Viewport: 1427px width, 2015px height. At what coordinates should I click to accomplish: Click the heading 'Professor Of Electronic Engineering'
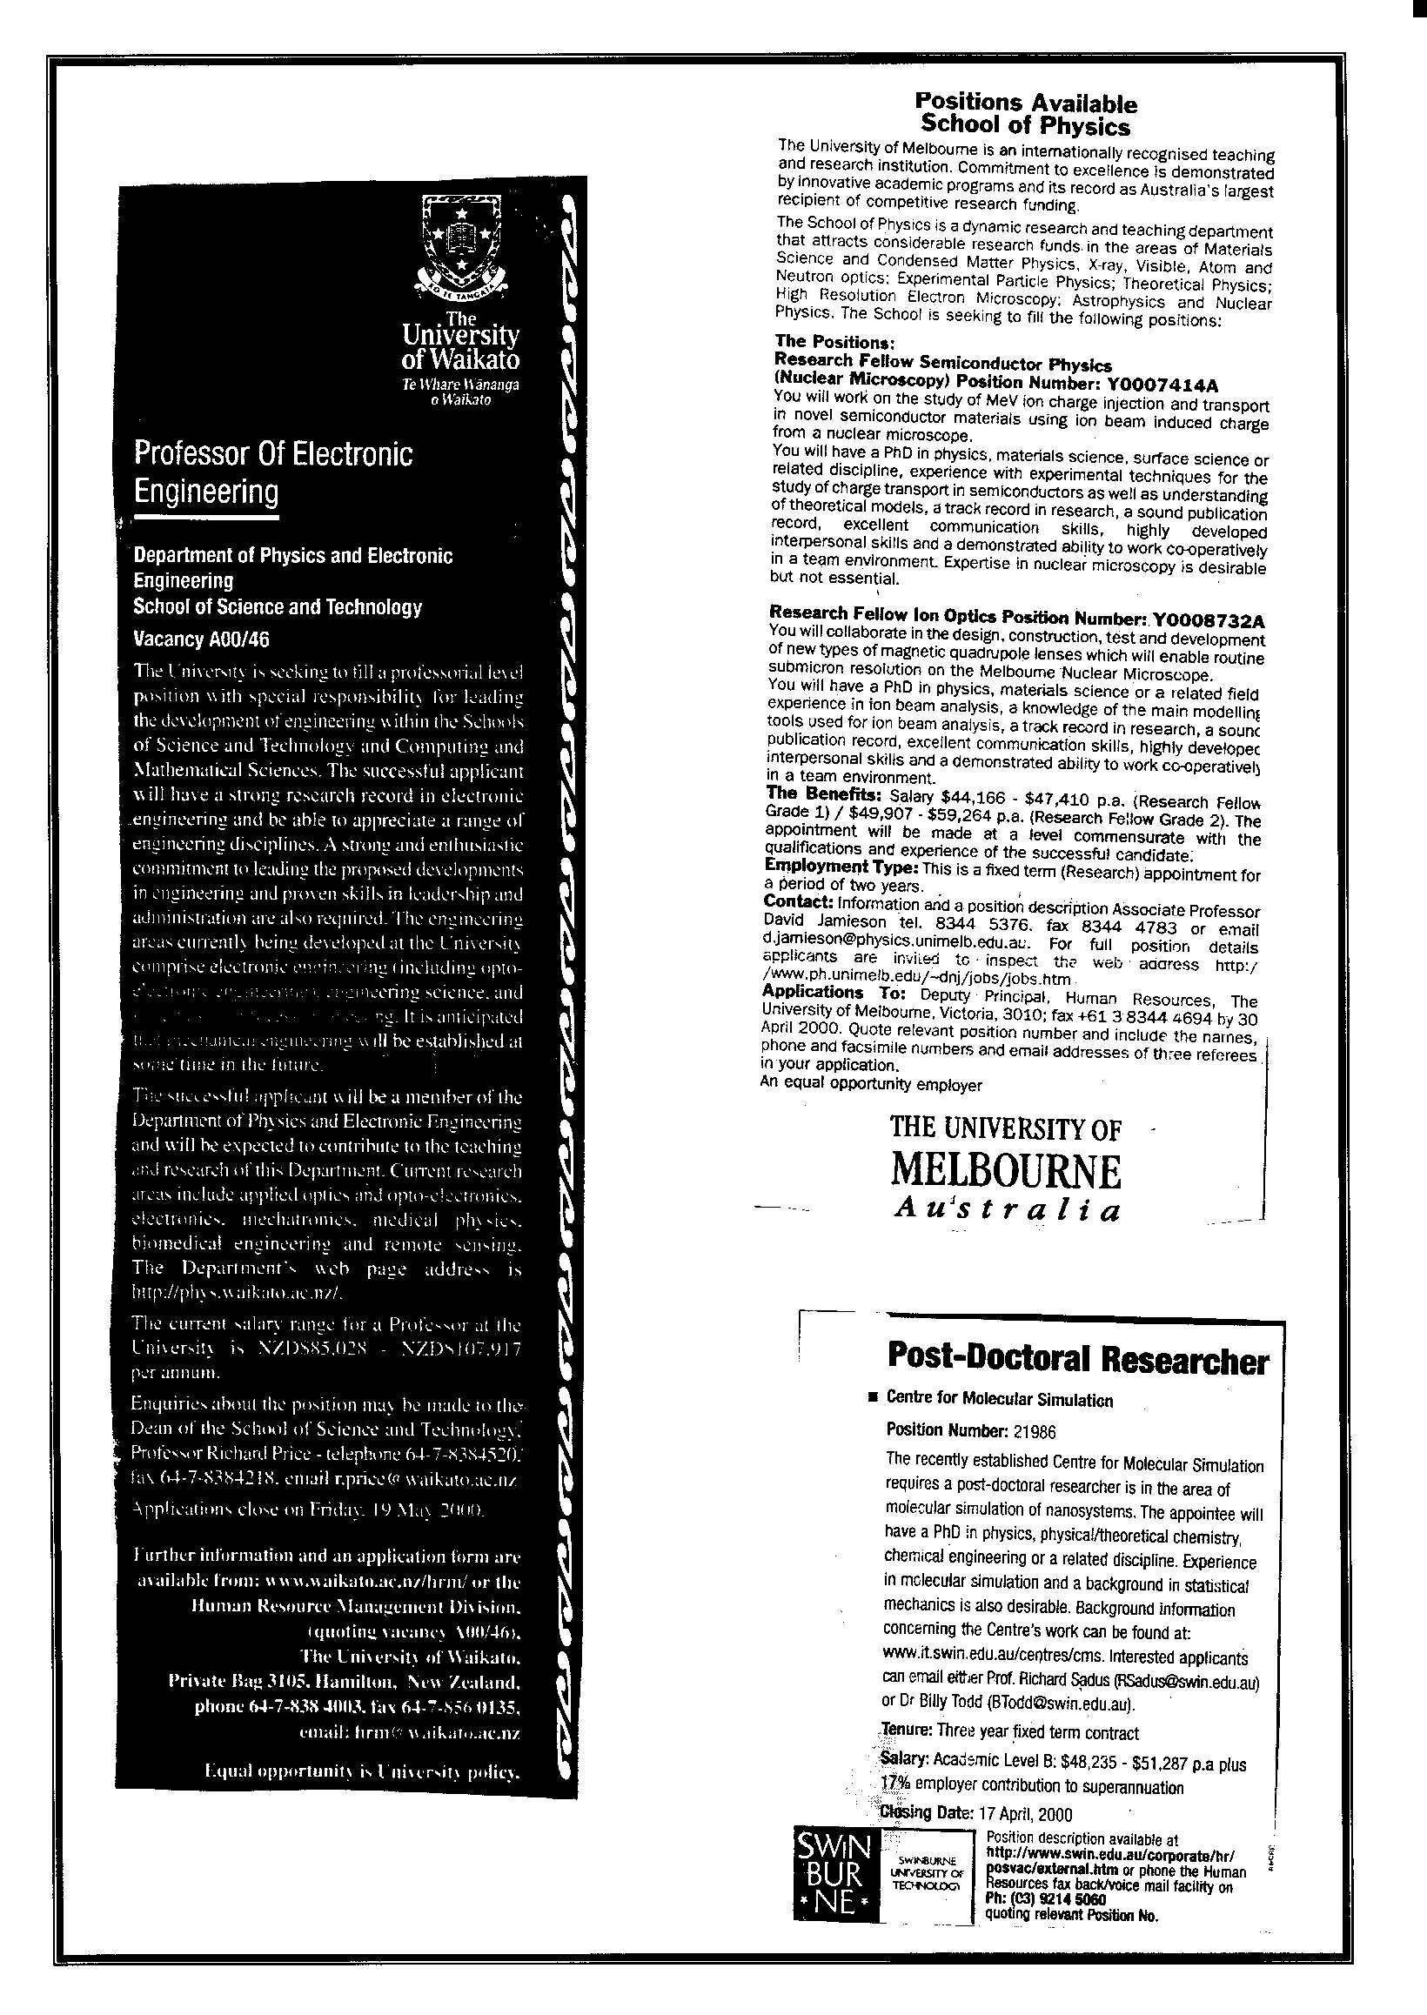click(273, 472)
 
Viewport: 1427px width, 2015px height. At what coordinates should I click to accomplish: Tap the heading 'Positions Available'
click(1025, 104)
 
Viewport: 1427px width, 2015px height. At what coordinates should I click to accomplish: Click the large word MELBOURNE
click(1006, 1171)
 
